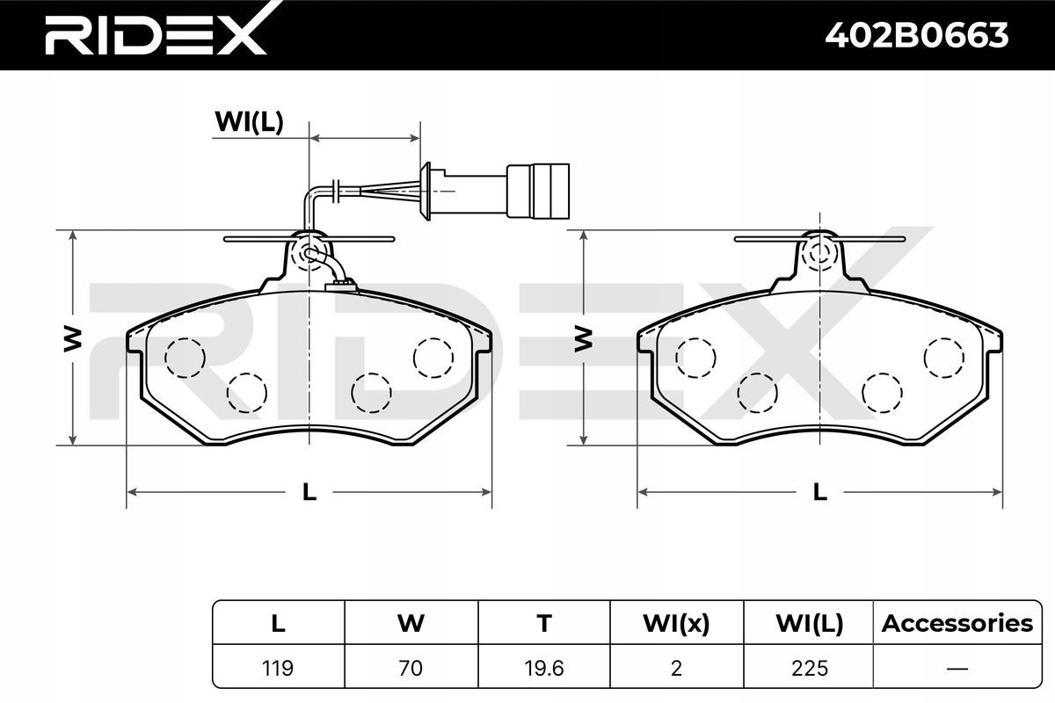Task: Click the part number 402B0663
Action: pyautogui.click(x=916, y=36)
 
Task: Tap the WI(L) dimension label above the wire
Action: pyautogui.click(x=249, y=122)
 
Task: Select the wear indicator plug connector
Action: pyautogui.click(x=538, y=192)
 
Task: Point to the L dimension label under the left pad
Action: pyautogui.click(x=309, y=492)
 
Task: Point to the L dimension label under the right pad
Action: pyautogui.click(x=820, y=492)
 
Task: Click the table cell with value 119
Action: pyautogui.click(x=278, y=668)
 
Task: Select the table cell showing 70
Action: pyautogui.click(x=411, y=668)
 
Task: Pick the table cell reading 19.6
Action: pyautogui.click(x=544, y=668)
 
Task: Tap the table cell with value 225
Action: pyautogui.click(x=809, y=668)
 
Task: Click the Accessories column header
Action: pyautogui.click(x=957, y=623)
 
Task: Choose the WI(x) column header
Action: pyautogui.click(x=676, y=623)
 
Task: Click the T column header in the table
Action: pyautogui.click(x=544, y=623)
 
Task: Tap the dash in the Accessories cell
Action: pyautogui.click(x=957, y=669)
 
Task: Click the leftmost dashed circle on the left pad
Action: pyautogui.click(x=186, y=358)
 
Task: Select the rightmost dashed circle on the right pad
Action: pyautogui.click(x=944, y=358)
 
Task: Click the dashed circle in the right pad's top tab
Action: pyautogui.click(x=820, y=252)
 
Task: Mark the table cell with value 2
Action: pyautogui.click(x=676, y=668)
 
